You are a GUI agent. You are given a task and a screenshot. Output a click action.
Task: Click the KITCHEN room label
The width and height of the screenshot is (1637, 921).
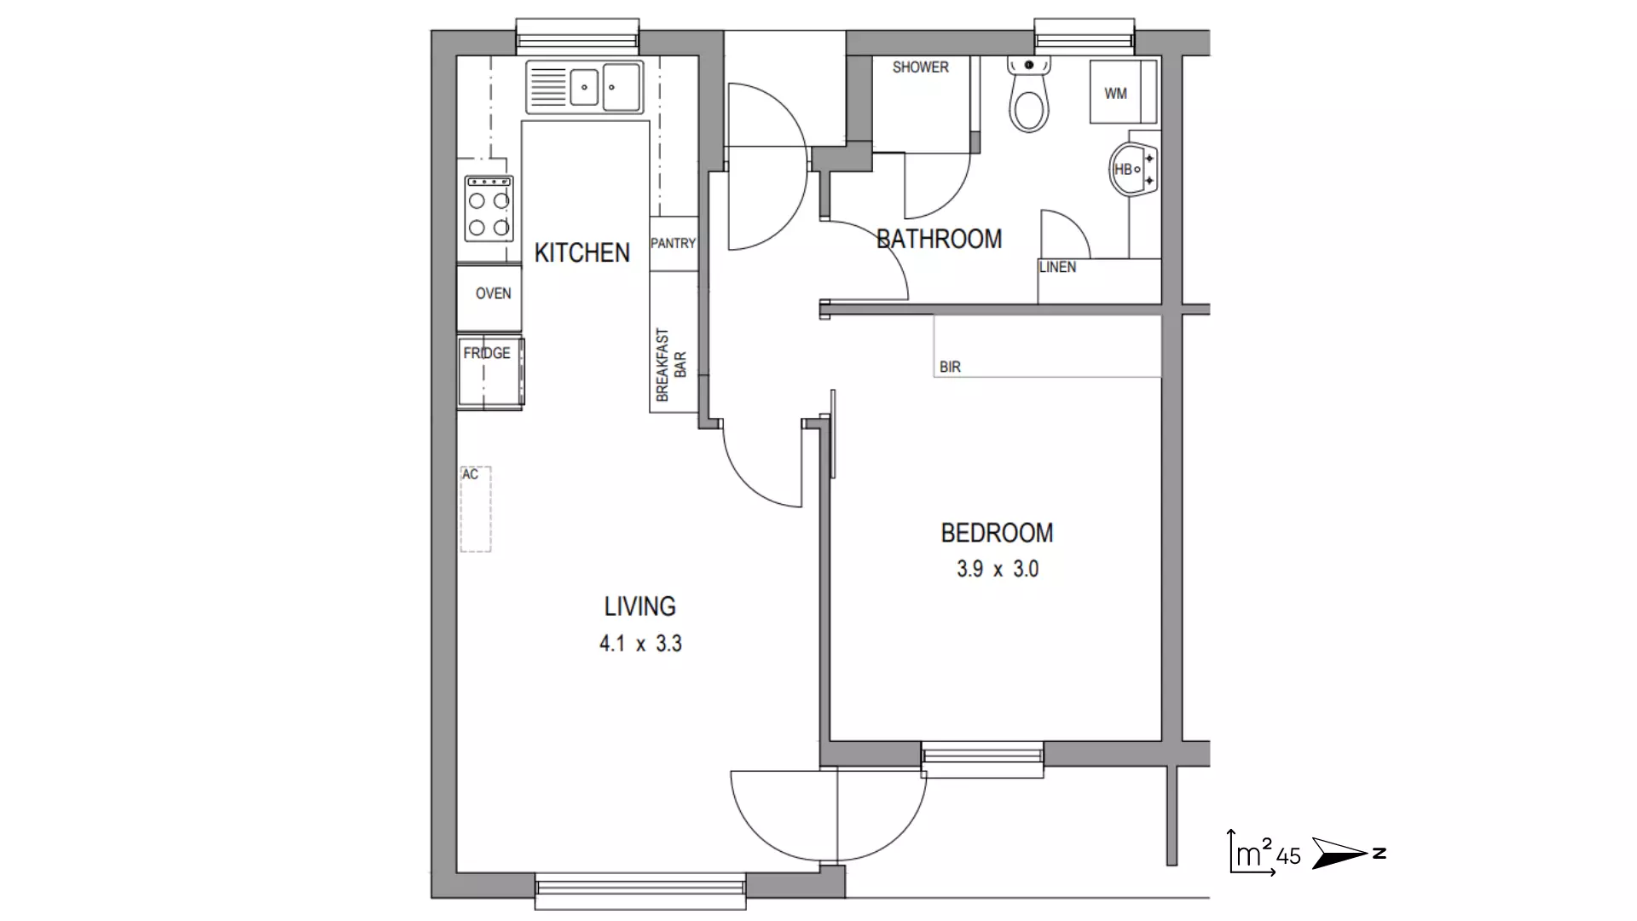tap(581, 252)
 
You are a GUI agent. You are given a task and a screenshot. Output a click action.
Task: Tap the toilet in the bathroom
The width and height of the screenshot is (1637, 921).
tap(1029, 95)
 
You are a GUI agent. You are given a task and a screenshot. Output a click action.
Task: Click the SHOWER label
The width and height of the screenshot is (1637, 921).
tap(920, 67)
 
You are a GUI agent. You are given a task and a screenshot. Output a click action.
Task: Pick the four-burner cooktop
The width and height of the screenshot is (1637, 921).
tap(489, 208)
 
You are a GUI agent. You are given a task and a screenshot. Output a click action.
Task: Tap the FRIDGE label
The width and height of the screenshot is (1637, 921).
tap(487, 353)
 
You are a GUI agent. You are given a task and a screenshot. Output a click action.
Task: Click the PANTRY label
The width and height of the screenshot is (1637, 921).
tap(674, 243)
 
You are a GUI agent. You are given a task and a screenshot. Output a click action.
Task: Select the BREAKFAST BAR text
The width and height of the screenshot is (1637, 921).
tap(671, 365)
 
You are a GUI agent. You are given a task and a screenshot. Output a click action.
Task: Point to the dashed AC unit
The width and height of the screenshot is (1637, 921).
tap(476, 509)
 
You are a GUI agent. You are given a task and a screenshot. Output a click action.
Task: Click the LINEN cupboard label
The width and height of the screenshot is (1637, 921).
tap(1057, 267)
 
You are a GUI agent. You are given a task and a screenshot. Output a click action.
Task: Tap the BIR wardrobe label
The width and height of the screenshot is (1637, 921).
tap(950, 367)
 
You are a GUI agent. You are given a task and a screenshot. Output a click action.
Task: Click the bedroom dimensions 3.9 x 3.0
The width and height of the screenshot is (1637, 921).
tap(998, 569)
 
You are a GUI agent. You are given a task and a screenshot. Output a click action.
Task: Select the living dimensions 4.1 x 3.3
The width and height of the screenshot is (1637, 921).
tap(640, 643)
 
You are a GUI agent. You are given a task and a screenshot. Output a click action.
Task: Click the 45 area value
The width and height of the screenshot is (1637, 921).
tap(1288, 856)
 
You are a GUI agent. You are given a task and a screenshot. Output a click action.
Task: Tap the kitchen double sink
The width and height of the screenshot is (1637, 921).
tap(585, 86)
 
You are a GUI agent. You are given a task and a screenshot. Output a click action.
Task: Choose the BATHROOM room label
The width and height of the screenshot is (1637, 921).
tap(940, 239)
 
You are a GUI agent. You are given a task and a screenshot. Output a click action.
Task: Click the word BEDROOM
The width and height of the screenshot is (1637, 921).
tap(997, 533)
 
